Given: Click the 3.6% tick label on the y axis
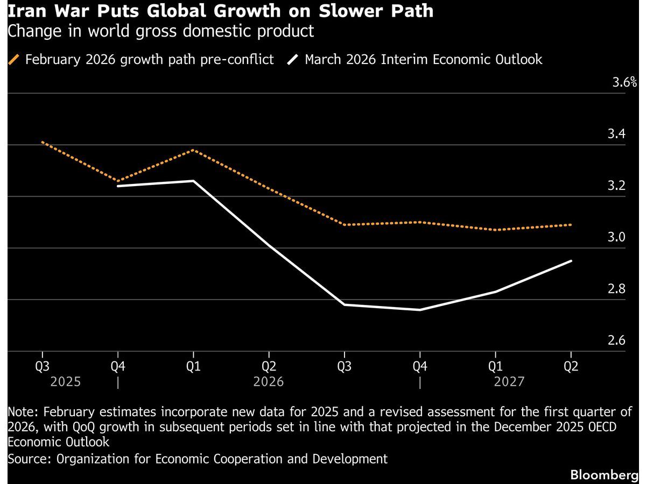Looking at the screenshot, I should pos(624,82).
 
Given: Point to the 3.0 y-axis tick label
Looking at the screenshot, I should pos(616,237).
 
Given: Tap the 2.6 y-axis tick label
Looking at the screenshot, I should pos(616,340).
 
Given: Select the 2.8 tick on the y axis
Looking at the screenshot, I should pos(616,289).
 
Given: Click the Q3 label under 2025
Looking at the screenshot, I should pos(42,366).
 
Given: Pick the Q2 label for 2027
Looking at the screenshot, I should pos(571,366).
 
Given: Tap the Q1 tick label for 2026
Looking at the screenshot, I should pos(193,366).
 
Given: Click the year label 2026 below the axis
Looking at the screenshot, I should pos(269,382).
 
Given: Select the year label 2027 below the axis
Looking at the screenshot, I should pos(509,382).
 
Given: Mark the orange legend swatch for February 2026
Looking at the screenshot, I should pos(14,59).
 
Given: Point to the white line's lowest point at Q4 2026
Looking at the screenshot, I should pos(420,310).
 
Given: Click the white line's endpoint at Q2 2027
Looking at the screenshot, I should pos(571,261).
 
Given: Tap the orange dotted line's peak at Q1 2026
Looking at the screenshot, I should pos(193,150).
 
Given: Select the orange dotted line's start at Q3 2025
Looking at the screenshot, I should pos(42,142).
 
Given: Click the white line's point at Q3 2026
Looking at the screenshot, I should pos(345,304).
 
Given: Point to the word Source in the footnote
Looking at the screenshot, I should pos(27,459).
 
